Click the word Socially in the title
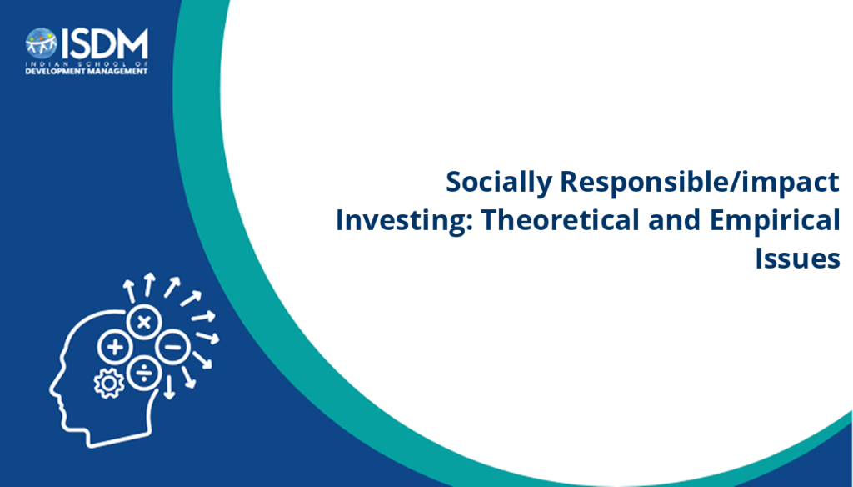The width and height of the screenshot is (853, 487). click(499, 183)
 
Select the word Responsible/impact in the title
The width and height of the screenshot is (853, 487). click(700, 183)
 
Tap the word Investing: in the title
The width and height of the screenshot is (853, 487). click(403, 221)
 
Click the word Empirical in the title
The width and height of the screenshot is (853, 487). click(775, 221)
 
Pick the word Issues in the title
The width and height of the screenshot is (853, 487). click(797, 259)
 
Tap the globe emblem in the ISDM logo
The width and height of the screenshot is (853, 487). click(42, 43)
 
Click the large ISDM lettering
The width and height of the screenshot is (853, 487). click(104, 43)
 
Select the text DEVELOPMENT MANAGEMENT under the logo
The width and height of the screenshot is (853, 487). click(87, 72)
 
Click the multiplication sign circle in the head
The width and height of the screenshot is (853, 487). click(143, 322)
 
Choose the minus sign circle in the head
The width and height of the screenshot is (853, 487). click(172, 347)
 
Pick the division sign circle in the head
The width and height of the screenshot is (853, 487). click(143, 373)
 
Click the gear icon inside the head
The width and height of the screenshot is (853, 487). click(109, 384)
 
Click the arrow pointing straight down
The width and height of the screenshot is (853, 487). click(169, 387)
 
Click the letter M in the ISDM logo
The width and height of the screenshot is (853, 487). click(132, 43)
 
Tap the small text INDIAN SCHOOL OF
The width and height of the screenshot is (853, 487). click(87, 64)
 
